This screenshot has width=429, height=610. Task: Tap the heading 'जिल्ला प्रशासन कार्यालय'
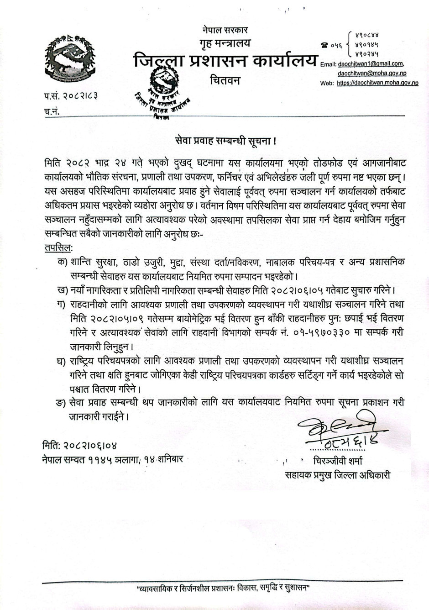tap(225, 60)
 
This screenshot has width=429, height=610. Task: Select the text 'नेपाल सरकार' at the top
tap(225, 30)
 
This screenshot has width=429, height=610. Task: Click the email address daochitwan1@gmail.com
tap(370, 64)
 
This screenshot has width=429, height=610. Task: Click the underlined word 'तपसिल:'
tap(58, 247)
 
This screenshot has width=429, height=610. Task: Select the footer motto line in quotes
tap(223, 587)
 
